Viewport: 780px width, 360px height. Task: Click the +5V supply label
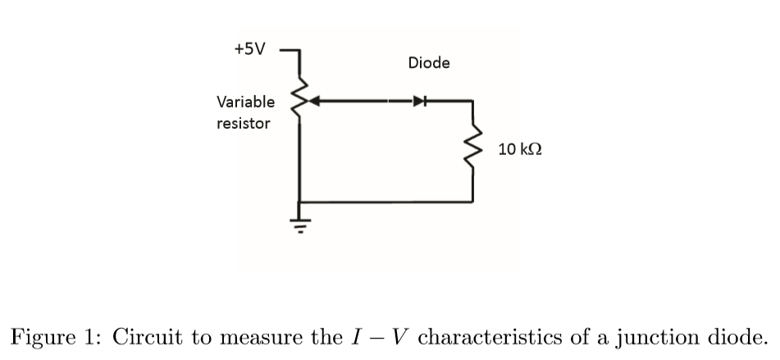250,48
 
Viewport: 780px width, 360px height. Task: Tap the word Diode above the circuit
428,63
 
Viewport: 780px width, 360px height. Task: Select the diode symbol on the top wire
419,103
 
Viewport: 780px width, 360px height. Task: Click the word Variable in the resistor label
245,103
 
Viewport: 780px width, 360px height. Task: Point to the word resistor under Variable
243,125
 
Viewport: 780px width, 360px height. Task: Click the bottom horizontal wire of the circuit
385,201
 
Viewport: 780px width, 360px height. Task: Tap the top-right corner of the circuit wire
472,103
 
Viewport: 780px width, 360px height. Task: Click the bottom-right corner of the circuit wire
472,201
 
